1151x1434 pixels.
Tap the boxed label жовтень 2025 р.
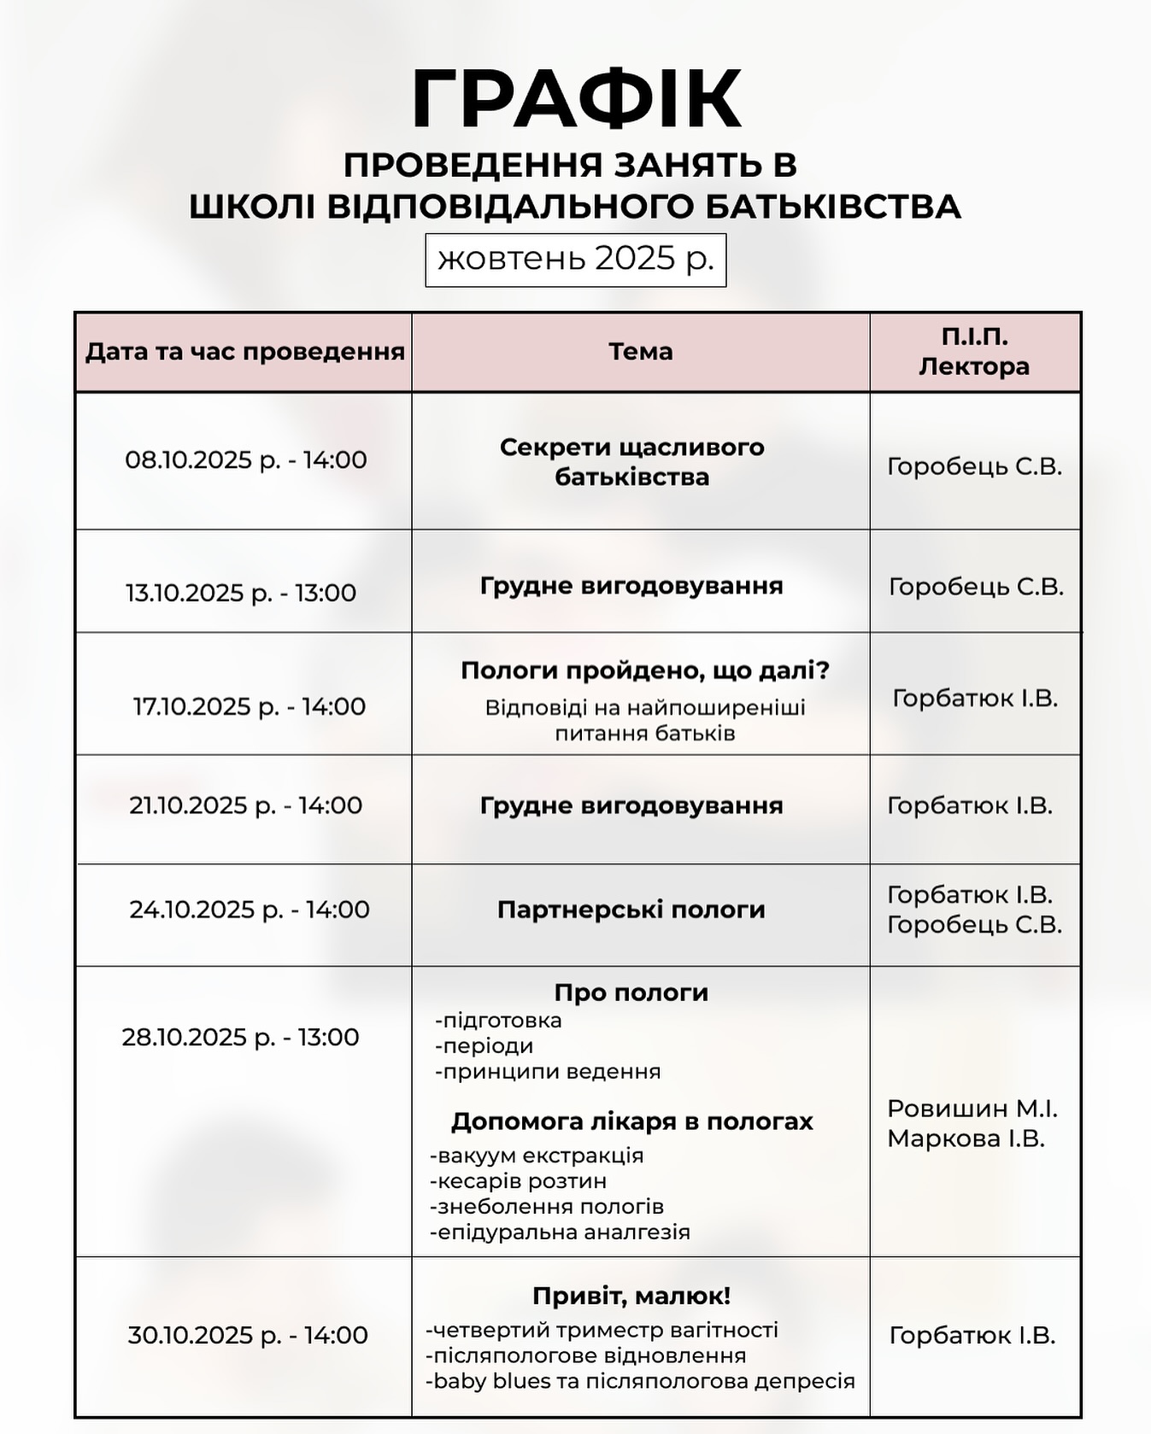click(575, 259)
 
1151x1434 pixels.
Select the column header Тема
click(641, 351)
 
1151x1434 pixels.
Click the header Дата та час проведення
click(244, 351)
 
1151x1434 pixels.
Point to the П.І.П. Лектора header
click(974, 351)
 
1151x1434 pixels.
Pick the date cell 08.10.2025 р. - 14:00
click(246, 459)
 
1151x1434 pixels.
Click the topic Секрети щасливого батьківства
click(631, 462)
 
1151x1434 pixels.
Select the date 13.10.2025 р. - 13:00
click(241, 592)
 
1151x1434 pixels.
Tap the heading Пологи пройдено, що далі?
click(645, 670)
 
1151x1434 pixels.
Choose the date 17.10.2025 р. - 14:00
click(249, 706)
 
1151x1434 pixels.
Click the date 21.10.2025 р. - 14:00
click(246, 805)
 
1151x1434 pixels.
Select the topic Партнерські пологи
click(631, 909)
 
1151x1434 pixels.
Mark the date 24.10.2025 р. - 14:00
click(250, 909)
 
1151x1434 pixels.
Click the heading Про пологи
click(631, 992)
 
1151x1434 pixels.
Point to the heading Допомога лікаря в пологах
click(631, 1121)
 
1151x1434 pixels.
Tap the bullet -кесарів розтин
click(519, 1181)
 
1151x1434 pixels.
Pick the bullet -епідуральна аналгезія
click(560, 1232)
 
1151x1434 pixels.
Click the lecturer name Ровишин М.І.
click(972, 1109)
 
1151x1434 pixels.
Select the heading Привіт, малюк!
click(631, 1296)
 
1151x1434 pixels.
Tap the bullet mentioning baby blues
click(640, 1381)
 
